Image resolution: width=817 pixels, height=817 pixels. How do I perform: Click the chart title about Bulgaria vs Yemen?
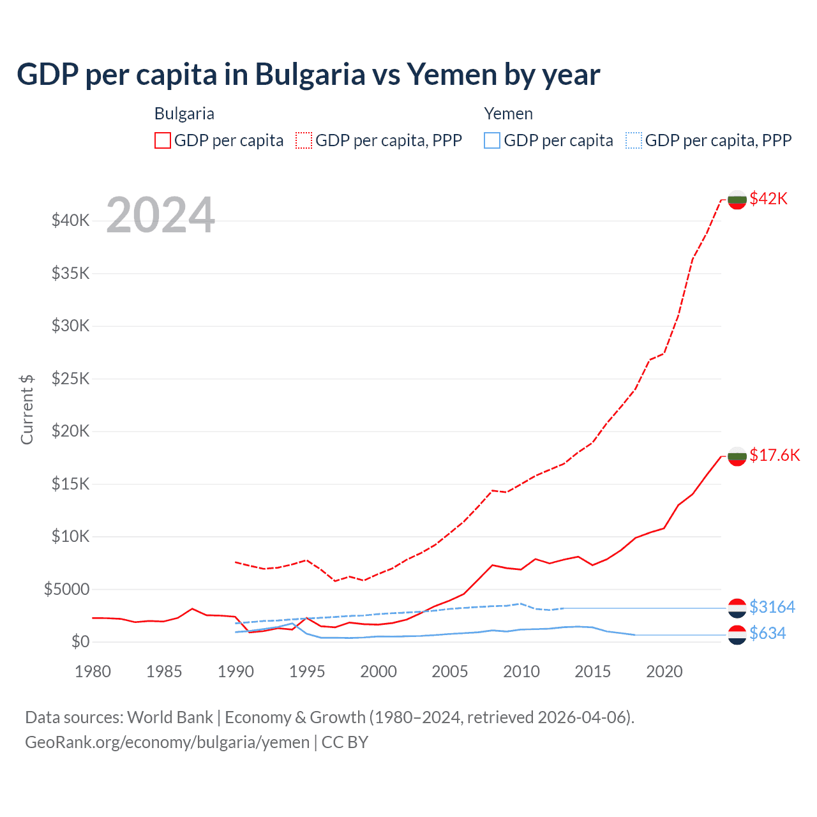pos(308,75)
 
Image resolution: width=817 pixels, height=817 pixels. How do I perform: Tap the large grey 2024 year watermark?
pos(160,215)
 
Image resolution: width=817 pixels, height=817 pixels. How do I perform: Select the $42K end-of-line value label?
pos(768,199)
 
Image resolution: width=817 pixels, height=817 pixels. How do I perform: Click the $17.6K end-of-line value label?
pos(774,455)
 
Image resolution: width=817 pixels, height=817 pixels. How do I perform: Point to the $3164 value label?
pos(772,606)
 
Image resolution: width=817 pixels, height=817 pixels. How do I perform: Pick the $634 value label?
pos(767,633)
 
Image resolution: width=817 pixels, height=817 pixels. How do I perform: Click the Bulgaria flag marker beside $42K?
pos(737,199)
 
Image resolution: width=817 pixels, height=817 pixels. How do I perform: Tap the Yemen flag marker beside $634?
pos(737,634)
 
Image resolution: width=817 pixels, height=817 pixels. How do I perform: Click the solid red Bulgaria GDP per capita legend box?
pos(163,140)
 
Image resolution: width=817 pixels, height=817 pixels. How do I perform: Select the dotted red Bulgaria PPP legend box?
pos(304,140)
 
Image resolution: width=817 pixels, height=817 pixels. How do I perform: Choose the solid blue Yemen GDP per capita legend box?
pos(492,140)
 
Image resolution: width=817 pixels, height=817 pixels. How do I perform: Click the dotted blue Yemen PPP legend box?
pos(634,140)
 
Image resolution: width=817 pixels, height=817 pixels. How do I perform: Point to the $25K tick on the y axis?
pos(71,379)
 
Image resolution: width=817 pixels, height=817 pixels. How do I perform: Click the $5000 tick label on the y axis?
pos(66,589)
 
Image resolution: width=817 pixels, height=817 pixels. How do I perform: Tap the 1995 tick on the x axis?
pos(307,671)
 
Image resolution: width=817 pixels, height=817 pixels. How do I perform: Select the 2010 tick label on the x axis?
pos(521,671)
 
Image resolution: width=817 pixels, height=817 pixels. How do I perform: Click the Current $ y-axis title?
pos(27,409)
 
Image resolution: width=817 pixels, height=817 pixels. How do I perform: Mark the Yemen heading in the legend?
pos(508,114)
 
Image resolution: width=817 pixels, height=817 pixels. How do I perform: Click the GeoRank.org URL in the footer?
pos(167,742)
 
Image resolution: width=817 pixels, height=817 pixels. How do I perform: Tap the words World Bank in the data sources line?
pos(170,717)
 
